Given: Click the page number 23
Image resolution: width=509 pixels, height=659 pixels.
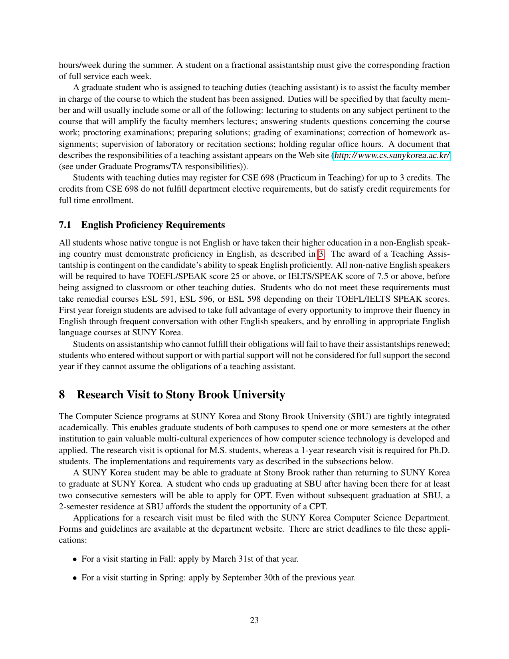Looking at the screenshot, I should (x=254, y=620).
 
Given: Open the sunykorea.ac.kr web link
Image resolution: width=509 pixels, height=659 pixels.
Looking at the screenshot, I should (x=392, y=156).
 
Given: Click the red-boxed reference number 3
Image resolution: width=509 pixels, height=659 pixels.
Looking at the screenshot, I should (x=321, y=254).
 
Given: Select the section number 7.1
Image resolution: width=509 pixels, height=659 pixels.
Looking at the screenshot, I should (x=65, y=225).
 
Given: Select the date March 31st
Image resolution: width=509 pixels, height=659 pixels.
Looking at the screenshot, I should (x=233, y=559).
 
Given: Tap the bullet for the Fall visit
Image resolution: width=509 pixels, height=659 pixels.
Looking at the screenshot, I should (x=75, y=559).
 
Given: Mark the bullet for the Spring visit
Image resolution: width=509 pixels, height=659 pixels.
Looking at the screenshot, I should (x=75, y=578).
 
